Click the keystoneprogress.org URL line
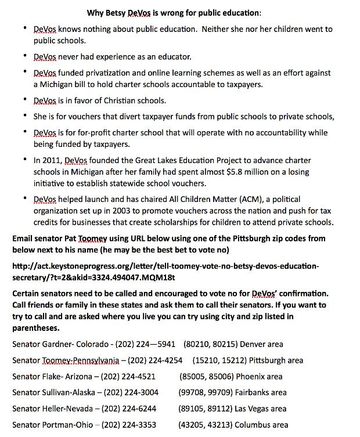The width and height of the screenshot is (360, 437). point(165,266)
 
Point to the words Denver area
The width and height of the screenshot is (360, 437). point(264,344)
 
